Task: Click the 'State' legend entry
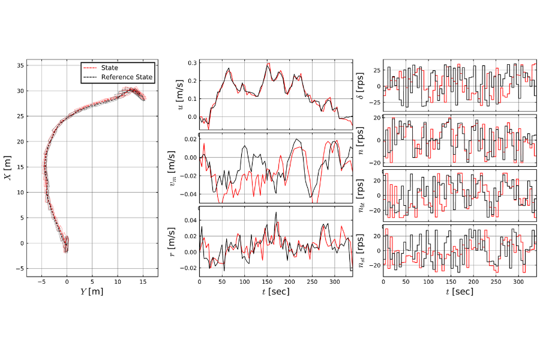[109, 68]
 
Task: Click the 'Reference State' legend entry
[127, 77]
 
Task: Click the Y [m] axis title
[92, 292]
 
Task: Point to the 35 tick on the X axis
[20, 65]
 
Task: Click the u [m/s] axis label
[181, 94]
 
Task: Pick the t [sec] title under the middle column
[276, 292]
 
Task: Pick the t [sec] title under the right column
[460, 292]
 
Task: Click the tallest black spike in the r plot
[276, 212]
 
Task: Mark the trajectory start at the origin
[67, 243]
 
